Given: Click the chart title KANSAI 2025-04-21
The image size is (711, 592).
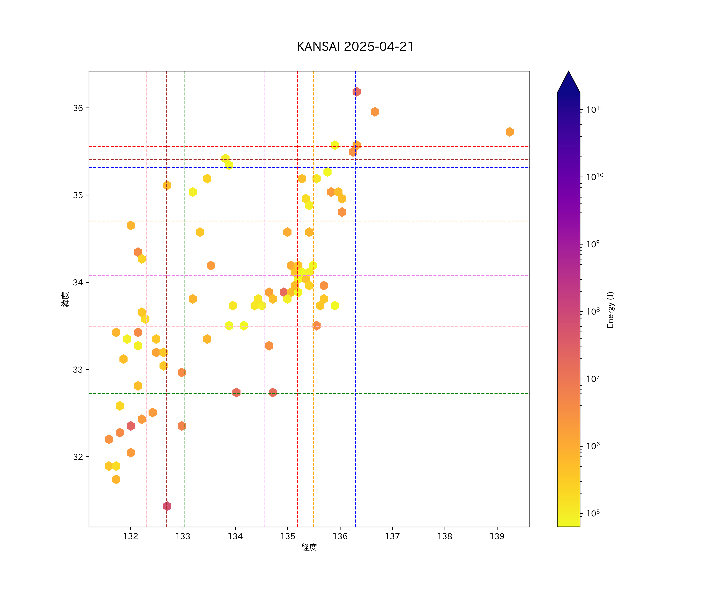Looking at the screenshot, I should click(355, 47).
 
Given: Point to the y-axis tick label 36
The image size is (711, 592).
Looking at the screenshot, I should click(78, 108).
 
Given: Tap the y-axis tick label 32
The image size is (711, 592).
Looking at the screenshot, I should click(78, 457).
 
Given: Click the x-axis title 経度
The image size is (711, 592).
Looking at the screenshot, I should click(309, 547).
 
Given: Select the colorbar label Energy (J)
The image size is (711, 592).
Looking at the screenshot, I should click(610, 310).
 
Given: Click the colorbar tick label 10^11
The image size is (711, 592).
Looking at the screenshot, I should click(594, 109).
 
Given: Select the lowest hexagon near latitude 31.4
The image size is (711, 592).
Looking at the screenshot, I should click(167, 506).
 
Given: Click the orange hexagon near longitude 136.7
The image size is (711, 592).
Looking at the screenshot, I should click(374, 112).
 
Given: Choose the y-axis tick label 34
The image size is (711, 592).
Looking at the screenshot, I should click(78, 282).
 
